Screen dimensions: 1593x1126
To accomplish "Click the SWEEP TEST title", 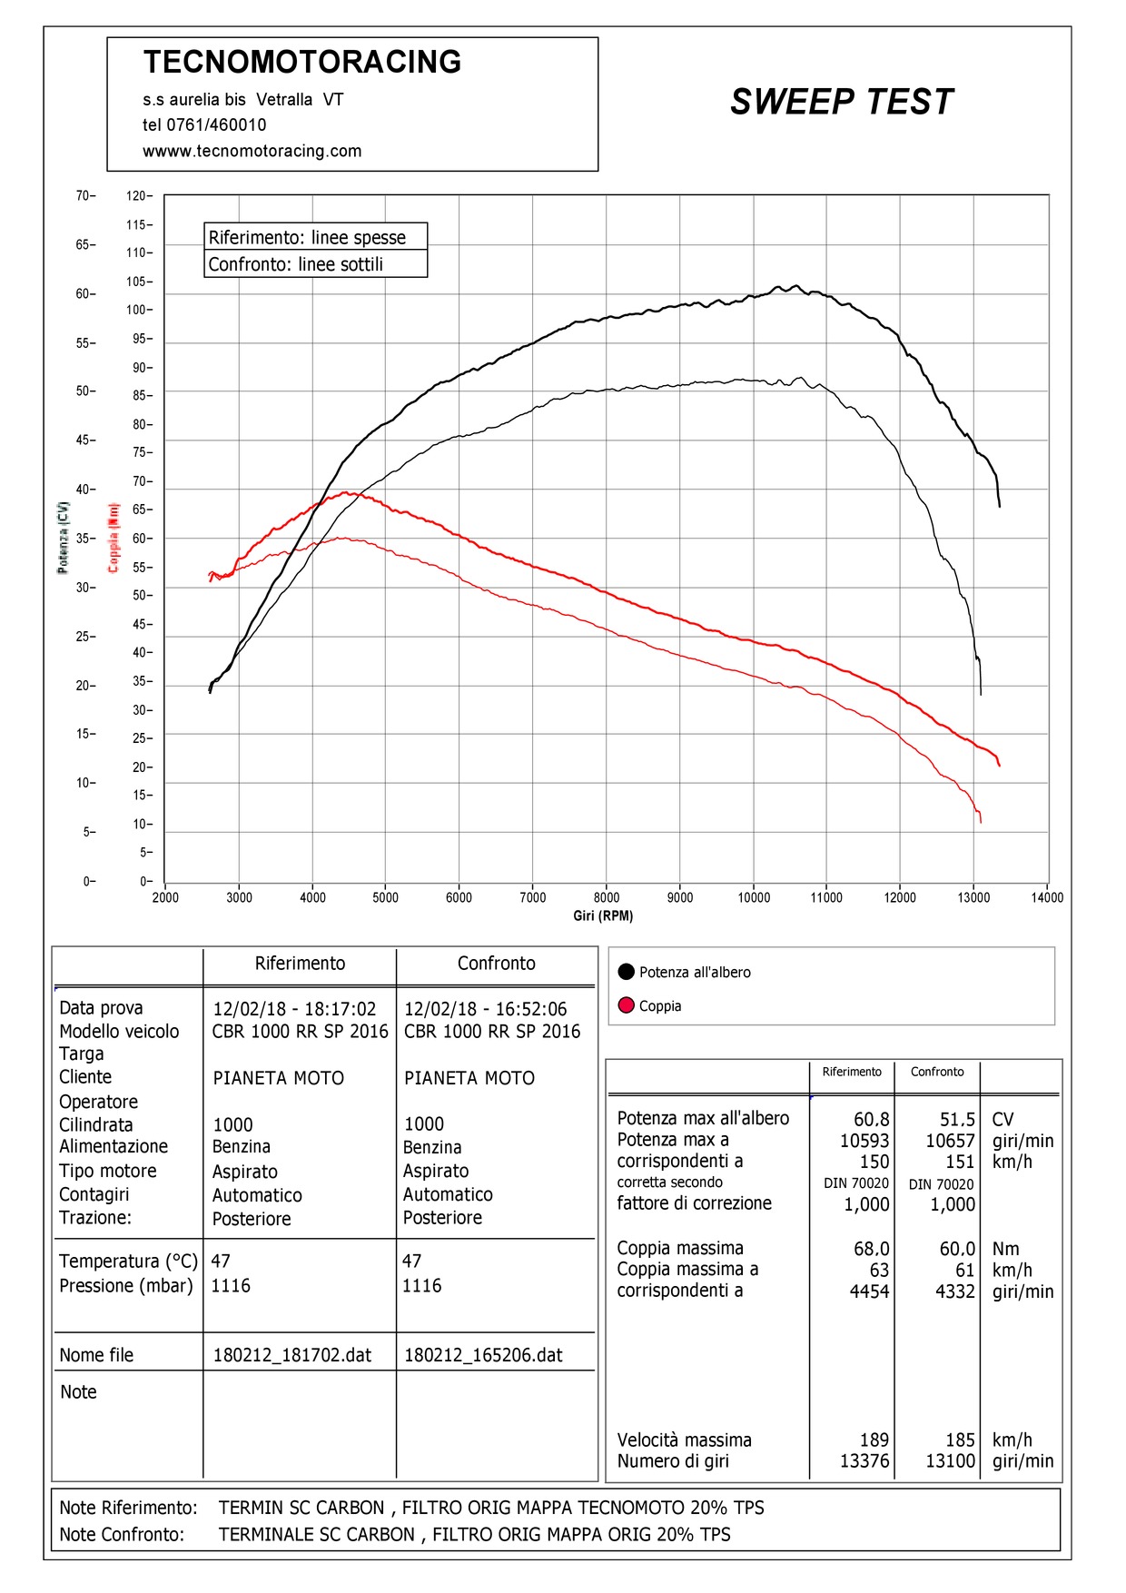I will click(x=842, y=102).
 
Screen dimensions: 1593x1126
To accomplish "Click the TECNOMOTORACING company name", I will click(x=302, y=62).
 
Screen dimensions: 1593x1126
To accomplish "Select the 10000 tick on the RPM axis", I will click(x=754, y=897).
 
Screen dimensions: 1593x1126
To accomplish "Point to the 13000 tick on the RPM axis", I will click(x=973, y=897).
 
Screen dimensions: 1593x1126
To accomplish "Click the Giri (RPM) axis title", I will click(x=603, y=915).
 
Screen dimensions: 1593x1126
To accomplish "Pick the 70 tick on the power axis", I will click(x=83, y=196).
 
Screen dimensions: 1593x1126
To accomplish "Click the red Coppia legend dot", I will click(x=626, y=1005).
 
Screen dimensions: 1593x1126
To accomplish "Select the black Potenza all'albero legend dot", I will click(x=626, y=972).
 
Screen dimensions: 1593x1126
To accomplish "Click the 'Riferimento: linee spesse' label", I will click(x=307, y=238).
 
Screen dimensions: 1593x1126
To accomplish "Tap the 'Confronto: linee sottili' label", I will click(x=296, y=264).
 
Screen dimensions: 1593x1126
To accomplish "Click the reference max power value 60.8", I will click(x=871, y=1120).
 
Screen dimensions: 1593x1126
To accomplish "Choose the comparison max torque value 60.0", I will click(x=957, y=1249).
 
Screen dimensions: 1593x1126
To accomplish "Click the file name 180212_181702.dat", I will click(x=292, y=1355).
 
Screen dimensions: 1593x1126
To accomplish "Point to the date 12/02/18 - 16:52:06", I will click(x=485, y=1009).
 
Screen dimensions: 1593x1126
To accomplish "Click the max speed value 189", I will click(x=874, y=1440).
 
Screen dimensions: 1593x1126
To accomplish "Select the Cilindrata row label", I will click(x=96, y=1124).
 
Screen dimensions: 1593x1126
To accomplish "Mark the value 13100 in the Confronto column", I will click(x=950, y=1461).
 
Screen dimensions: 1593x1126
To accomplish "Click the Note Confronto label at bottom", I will click(x=122, y=1534).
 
